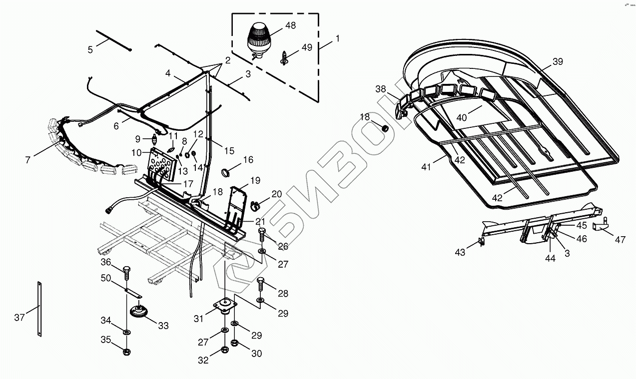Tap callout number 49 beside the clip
click(x=306, y=47)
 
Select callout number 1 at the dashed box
click(x=338, y=38)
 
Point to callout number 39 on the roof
click(x=558, y=61)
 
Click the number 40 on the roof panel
click(x=461, y=117)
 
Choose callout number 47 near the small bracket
click(x=620, y=240)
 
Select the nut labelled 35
click(x=126, y=352)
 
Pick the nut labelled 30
click(x=236, y=344)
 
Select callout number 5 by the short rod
click(x=90, y=49)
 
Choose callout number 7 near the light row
click(x=28, y=159)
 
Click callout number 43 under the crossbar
click(x=460, y=252)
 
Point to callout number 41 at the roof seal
click(x=426, y=167)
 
